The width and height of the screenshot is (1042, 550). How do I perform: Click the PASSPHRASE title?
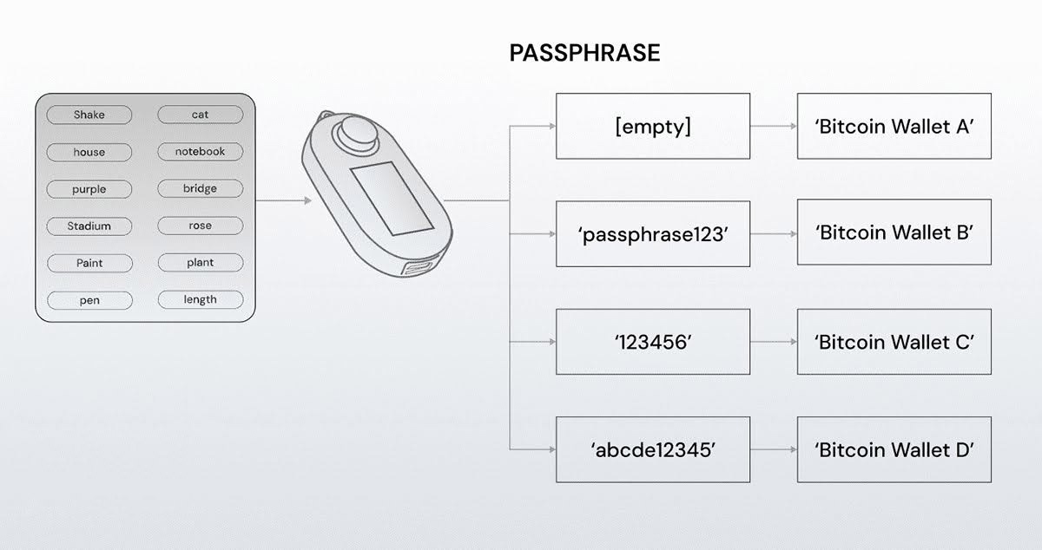point(584,54)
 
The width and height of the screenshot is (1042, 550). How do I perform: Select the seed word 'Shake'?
point(89,115)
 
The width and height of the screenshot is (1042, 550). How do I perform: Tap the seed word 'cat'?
point(200,115)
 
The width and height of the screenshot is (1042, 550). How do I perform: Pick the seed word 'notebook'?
point(200,152)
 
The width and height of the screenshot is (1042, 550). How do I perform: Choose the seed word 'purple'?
point(89,189)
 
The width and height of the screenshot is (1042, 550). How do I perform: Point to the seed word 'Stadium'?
point(89,226)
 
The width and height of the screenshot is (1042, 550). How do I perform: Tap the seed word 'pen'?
point(89,300)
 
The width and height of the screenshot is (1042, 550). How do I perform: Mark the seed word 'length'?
point(200,300)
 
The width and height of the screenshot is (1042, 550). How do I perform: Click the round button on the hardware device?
point(353,134)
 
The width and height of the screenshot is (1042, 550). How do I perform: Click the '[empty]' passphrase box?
point(652,126)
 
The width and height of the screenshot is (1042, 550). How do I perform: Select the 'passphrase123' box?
point(652,233)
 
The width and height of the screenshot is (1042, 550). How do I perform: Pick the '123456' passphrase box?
point(652,342)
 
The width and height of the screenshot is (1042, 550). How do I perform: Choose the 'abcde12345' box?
point(652,450)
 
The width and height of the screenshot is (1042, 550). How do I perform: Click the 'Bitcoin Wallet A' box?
point(894,126)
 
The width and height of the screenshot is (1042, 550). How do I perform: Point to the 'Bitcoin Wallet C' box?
point(894,342)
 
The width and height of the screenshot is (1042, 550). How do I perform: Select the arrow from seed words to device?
point(283,201)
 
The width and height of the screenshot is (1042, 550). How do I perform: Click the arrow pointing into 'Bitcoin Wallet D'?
point(773,450)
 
